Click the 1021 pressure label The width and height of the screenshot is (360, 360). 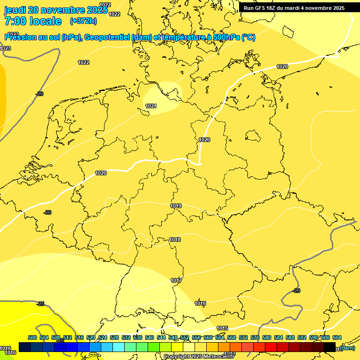tap(151, 106)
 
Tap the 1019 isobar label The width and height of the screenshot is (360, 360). tap(176, 206)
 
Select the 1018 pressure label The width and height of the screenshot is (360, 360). tap(175, 240)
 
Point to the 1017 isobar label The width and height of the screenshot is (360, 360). tap(176, 280)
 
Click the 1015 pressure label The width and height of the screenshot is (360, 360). tap(222, 328)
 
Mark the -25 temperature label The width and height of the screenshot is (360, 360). tap(40, 304)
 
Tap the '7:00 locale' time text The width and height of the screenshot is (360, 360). tap(33, 21)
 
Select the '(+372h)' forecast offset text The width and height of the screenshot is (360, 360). tap(83, 21)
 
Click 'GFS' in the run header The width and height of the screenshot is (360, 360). tap(262, 8)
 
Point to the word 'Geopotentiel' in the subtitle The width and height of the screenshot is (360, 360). tap(107, 37)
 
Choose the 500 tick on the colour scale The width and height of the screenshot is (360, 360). tap(32, 337)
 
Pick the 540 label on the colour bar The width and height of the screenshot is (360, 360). tap(150, 337)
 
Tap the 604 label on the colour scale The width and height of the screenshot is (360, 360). tap(337, 337)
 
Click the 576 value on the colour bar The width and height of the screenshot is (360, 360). tap(255, 337)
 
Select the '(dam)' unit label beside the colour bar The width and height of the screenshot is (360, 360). tap(347, 348)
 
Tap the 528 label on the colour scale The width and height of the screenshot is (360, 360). tap(114, 337)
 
